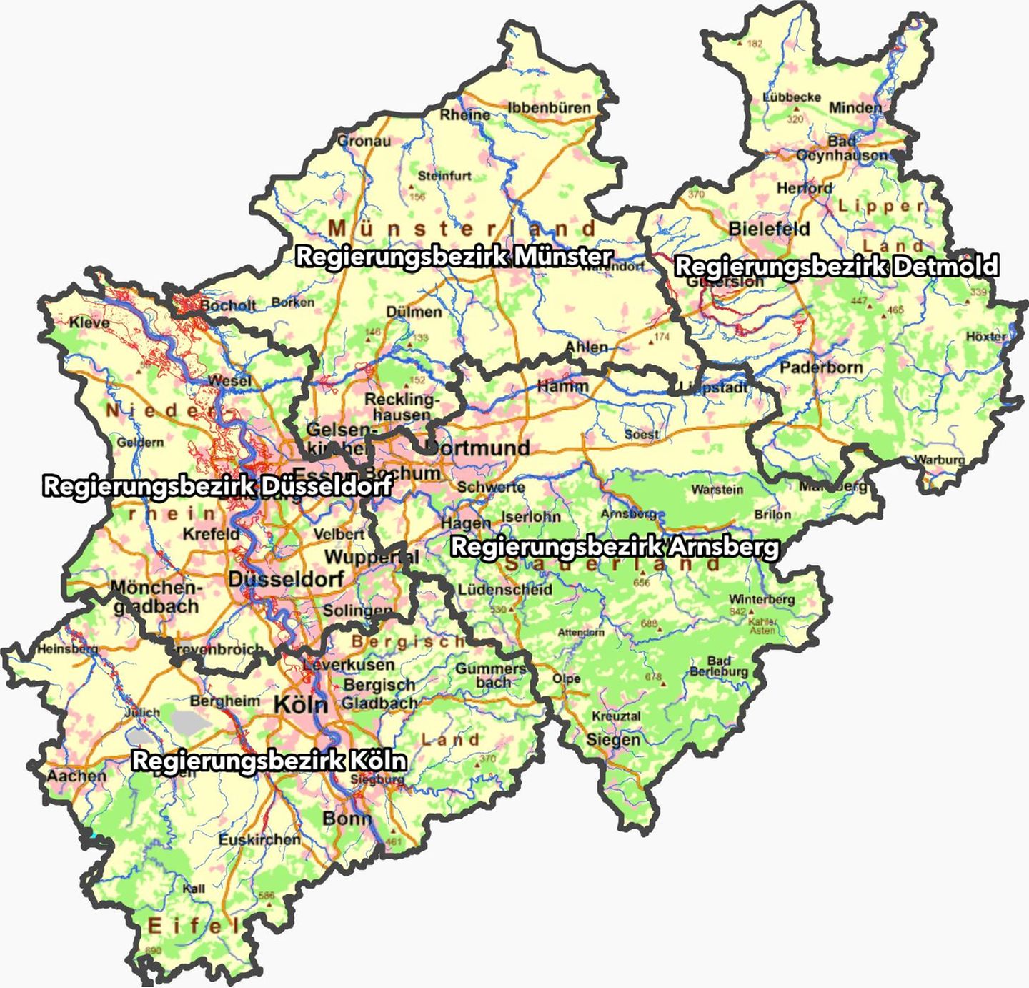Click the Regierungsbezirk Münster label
[454, 256]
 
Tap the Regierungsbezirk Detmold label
[836, 266]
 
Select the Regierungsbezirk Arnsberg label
[615, 547]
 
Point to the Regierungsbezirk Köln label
[269, 760]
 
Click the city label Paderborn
[821, 367]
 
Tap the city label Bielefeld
[770, 229]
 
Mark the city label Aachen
[76, 776]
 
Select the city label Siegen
[613, 739]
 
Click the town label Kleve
[89, 322]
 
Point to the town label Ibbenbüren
[550, 108]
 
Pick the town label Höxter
[985, 336]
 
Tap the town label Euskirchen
[259, 839]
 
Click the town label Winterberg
[762, 599]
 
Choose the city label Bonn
[347, 818]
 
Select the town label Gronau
[364, 141]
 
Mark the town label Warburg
[940, 459]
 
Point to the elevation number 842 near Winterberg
[737, 611]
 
